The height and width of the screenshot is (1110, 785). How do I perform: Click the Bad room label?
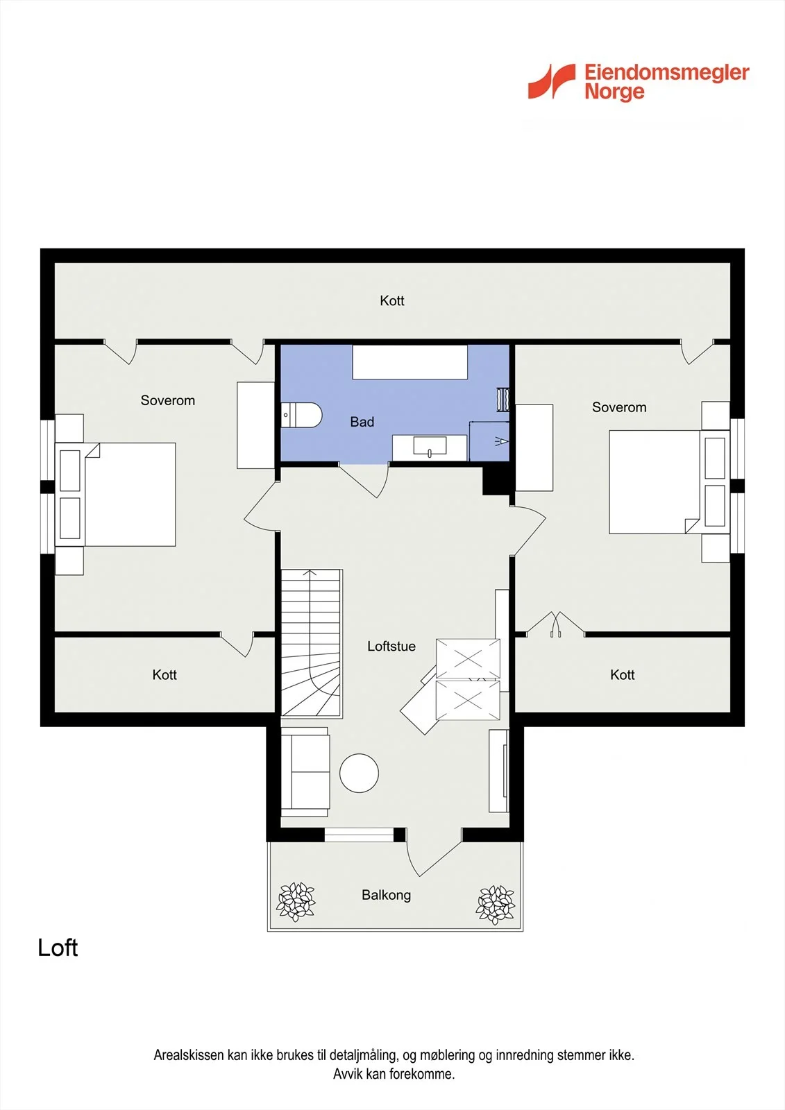point(362,422)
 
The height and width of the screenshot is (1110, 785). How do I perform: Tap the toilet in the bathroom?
point(301,415)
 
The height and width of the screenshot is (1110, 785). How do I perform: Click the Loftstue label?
point(391,646)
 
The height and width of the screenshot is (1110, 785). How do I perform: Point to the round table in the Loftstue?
point(359,773)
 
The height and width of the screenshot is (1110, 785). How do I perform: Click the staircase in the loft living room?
point(312,643)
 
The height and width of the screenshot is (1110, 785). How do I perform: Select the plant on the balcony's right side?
point(495,905)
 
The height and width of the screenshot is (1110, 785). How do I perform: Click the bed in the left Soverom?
point(115,495)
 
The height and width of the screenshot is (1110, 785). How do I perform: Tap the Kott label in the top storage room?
point(391,300)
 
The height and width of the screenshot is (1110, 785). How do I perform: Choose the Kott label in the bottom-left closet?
point(164,674)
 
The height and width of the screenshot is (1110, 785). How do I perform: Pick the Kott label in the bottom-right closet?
point(623,674)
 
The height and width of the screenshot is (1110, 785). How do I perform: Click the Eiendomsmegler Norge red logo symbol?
point(551,81)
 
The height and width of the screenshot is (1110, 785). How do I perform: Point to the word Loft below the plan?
point(58,948)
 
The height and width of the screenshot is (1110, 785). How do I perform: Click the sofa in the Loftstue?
point(305,772)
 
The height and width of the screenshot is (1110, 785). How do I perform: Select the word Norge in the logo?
point(614,92)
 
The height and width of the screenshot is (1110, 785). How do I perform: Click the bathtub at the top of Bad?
point(410,362)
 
